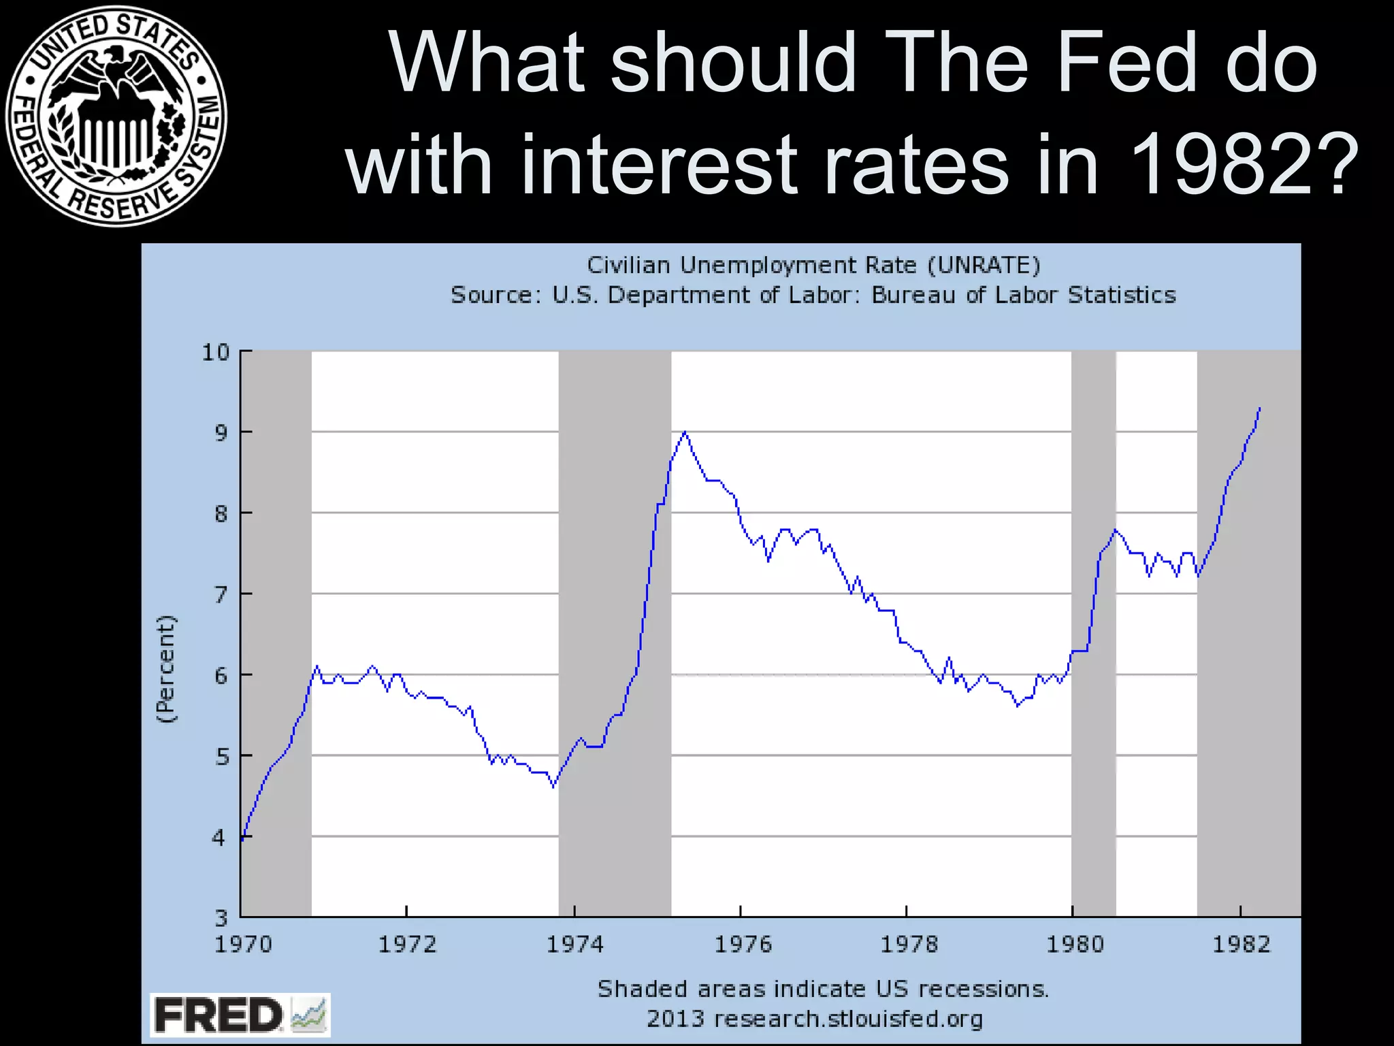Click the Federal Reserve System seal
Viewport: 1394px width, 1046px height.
click(116, 116)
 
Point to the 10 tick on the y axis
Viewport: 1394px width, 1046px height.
click(216, 352)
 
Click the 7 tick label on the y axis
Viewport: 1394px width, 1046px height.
click(221, 595)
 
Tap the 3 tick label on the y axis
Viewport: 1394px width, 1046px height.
click(221, 918)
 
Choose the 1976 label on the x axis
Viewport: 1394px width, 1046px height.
click(743, 945)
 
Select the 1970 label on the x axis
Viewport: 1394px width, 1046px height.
click(243, 945)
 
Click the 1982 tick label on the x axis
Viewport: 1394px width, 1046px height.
click(1242, 945)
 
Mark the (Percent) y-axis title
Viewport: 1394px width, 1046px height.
click(165, 669)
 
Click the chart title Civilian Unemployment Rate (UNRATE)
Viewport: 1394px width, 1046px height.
click(813, 265)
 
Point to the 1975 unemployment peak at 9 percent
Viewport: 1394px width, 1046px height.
click(685, 432)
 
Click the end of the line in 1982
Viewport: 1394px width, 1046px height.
click(1260, 408)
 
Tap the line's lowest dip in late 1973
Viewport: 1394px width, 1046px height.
click(553, 787)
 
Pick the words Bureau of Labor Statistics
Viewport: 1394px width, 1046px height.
click(1023, 295)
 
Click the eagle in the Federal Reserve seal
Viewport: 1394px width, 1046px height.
click(116, 75)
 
